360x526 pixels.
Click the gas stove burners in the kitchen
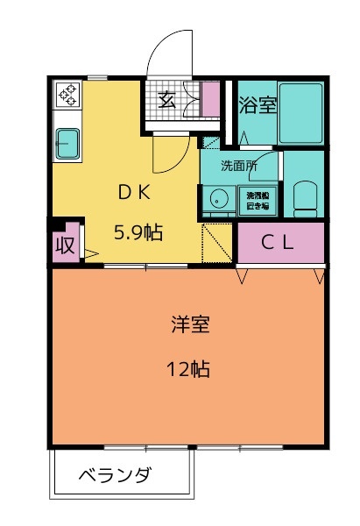68,95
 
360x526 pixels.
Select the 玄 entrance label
167,99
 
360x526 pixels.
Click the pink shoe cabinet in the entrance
211,99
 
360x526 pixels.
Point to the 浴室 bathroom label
258,105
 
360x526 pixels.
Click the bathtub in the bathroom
302,115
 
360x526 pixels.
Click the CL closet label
279,243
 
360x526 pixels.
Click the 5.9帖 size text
138,232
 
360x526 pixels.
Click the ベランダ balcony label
115,476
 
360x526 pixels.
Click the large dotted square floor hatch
219,243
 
